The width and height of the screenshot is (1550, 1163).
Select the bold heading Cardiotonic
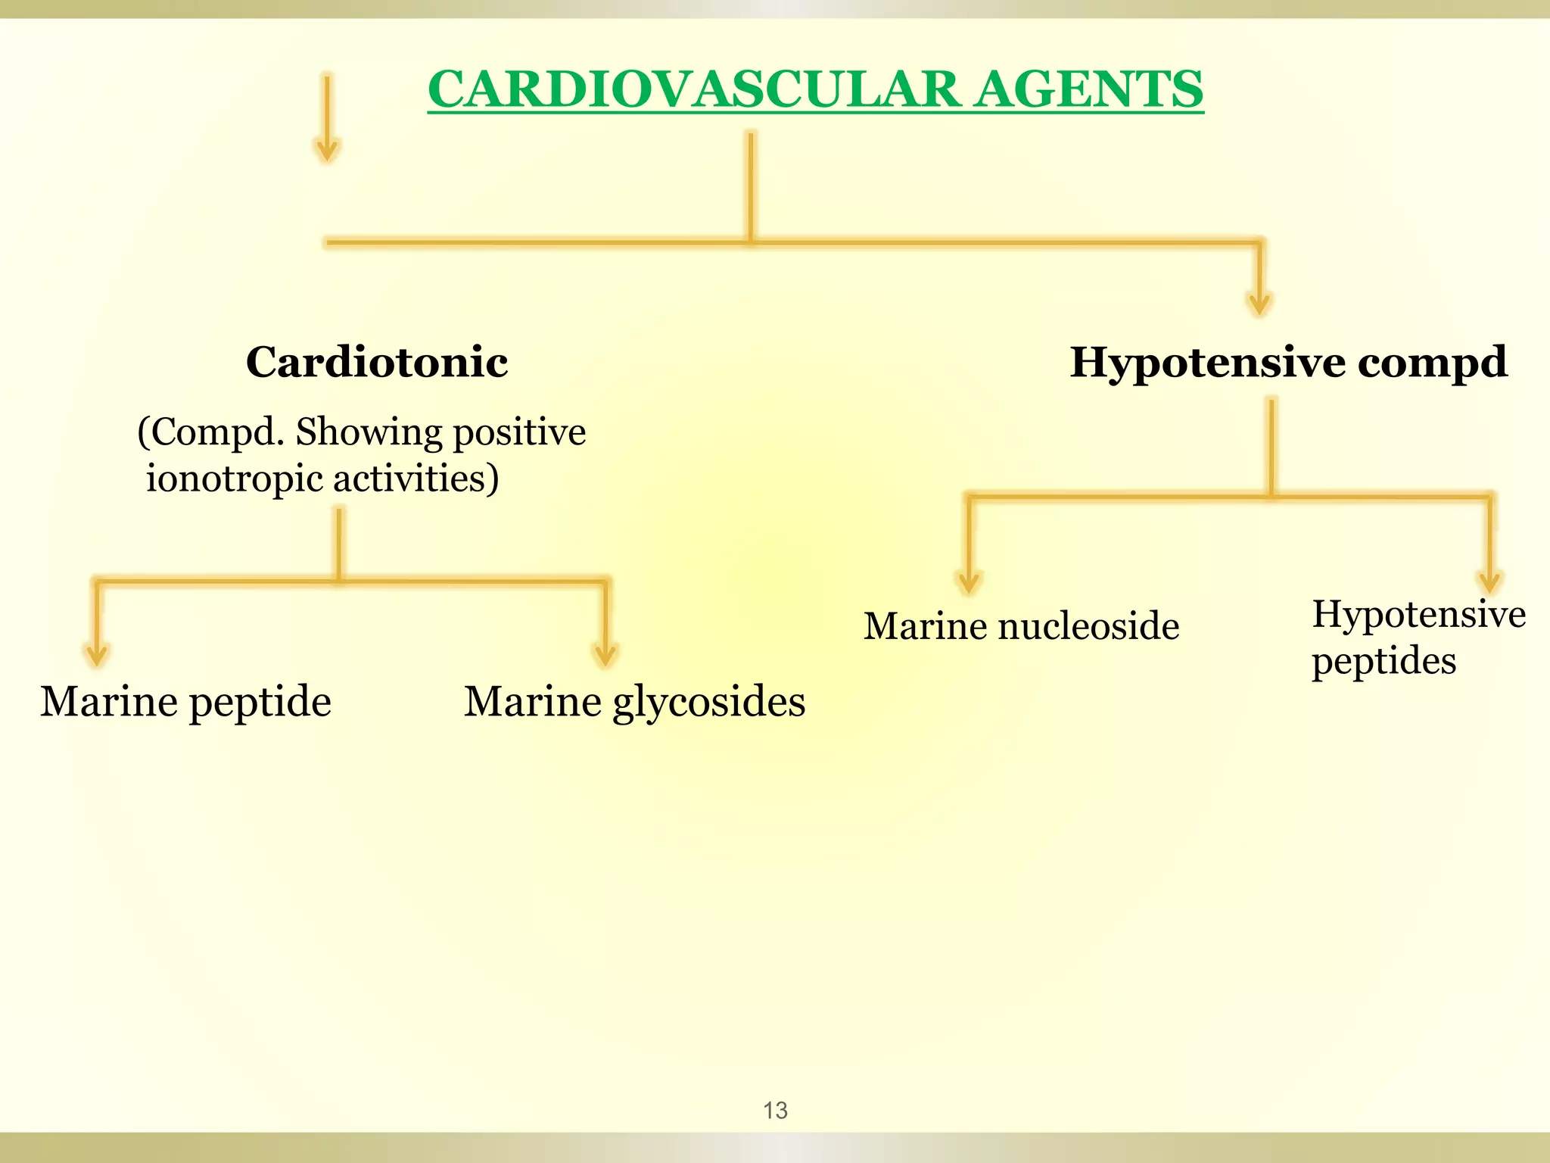(377, 362)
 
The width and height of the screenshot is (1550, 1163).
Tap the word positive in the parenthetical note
(519, 433)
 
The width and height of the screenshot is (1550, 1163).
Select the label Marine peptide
(185, 702)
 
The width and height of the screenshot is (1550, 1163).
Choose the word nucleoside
(1088, 626)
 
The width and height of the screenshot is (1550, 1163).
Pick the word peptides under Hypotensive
(1383, 661)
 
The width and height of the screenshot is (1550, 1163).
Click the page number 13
(775, 1110)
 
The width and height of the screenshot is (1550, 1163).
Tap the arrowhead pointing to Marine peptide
(97, 654)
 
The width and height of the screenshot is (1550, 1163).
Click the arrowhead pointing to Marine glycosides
(605, 654)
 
